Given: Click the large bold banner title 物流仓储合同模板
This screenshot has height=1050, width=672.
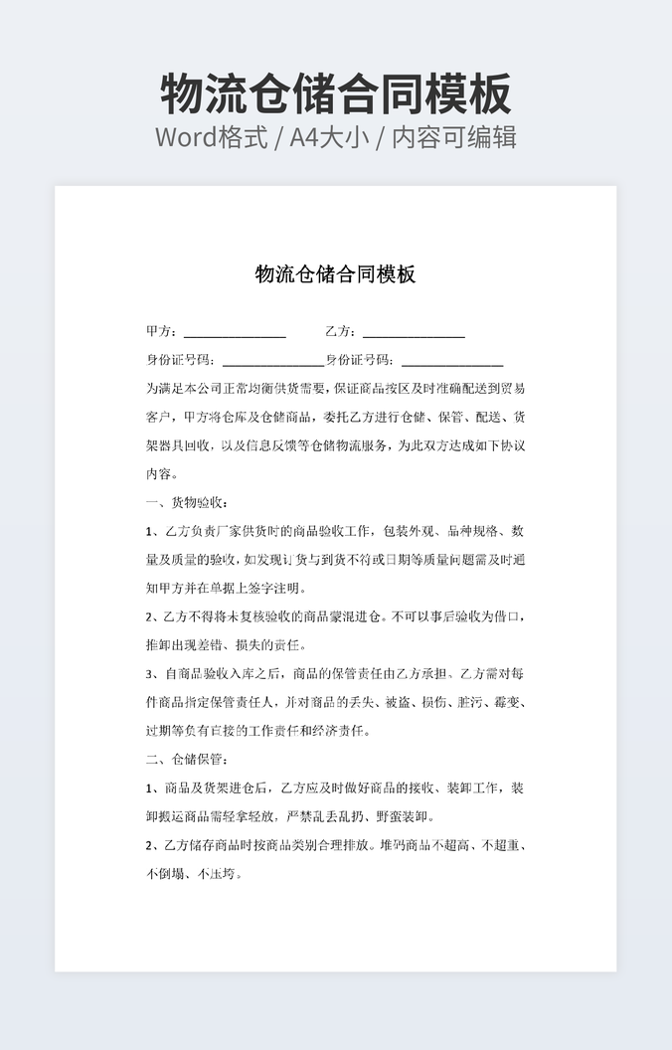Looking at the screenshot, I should point(336,93).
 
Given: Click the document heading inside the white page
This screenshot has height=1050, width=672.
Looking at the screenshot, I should point(335,274).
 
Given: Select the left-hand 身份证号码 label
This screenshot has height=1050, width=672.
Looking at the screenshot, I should point(180,360).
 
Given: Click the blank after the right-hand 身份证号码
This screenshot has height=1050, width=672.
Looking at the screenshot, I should point(452,361).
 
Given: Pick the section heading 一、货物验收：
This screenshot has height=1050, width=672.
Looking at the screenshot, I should point(188,502).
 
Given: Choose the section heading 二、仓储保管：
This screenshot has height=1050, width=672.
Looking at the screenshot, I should point(188,760).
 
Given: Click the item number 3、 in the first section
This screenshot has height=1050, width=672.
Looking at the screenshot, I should point(152,674).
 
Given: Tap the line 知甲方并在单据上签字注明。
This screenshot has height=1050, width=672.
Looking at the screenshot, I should point(227,588).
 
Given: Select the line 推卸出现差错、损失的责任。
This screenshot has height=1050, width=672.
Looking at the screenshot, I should point(227,645).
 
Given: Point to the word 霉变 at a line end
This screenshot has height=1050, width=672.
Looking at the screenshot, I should point(507,703).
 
